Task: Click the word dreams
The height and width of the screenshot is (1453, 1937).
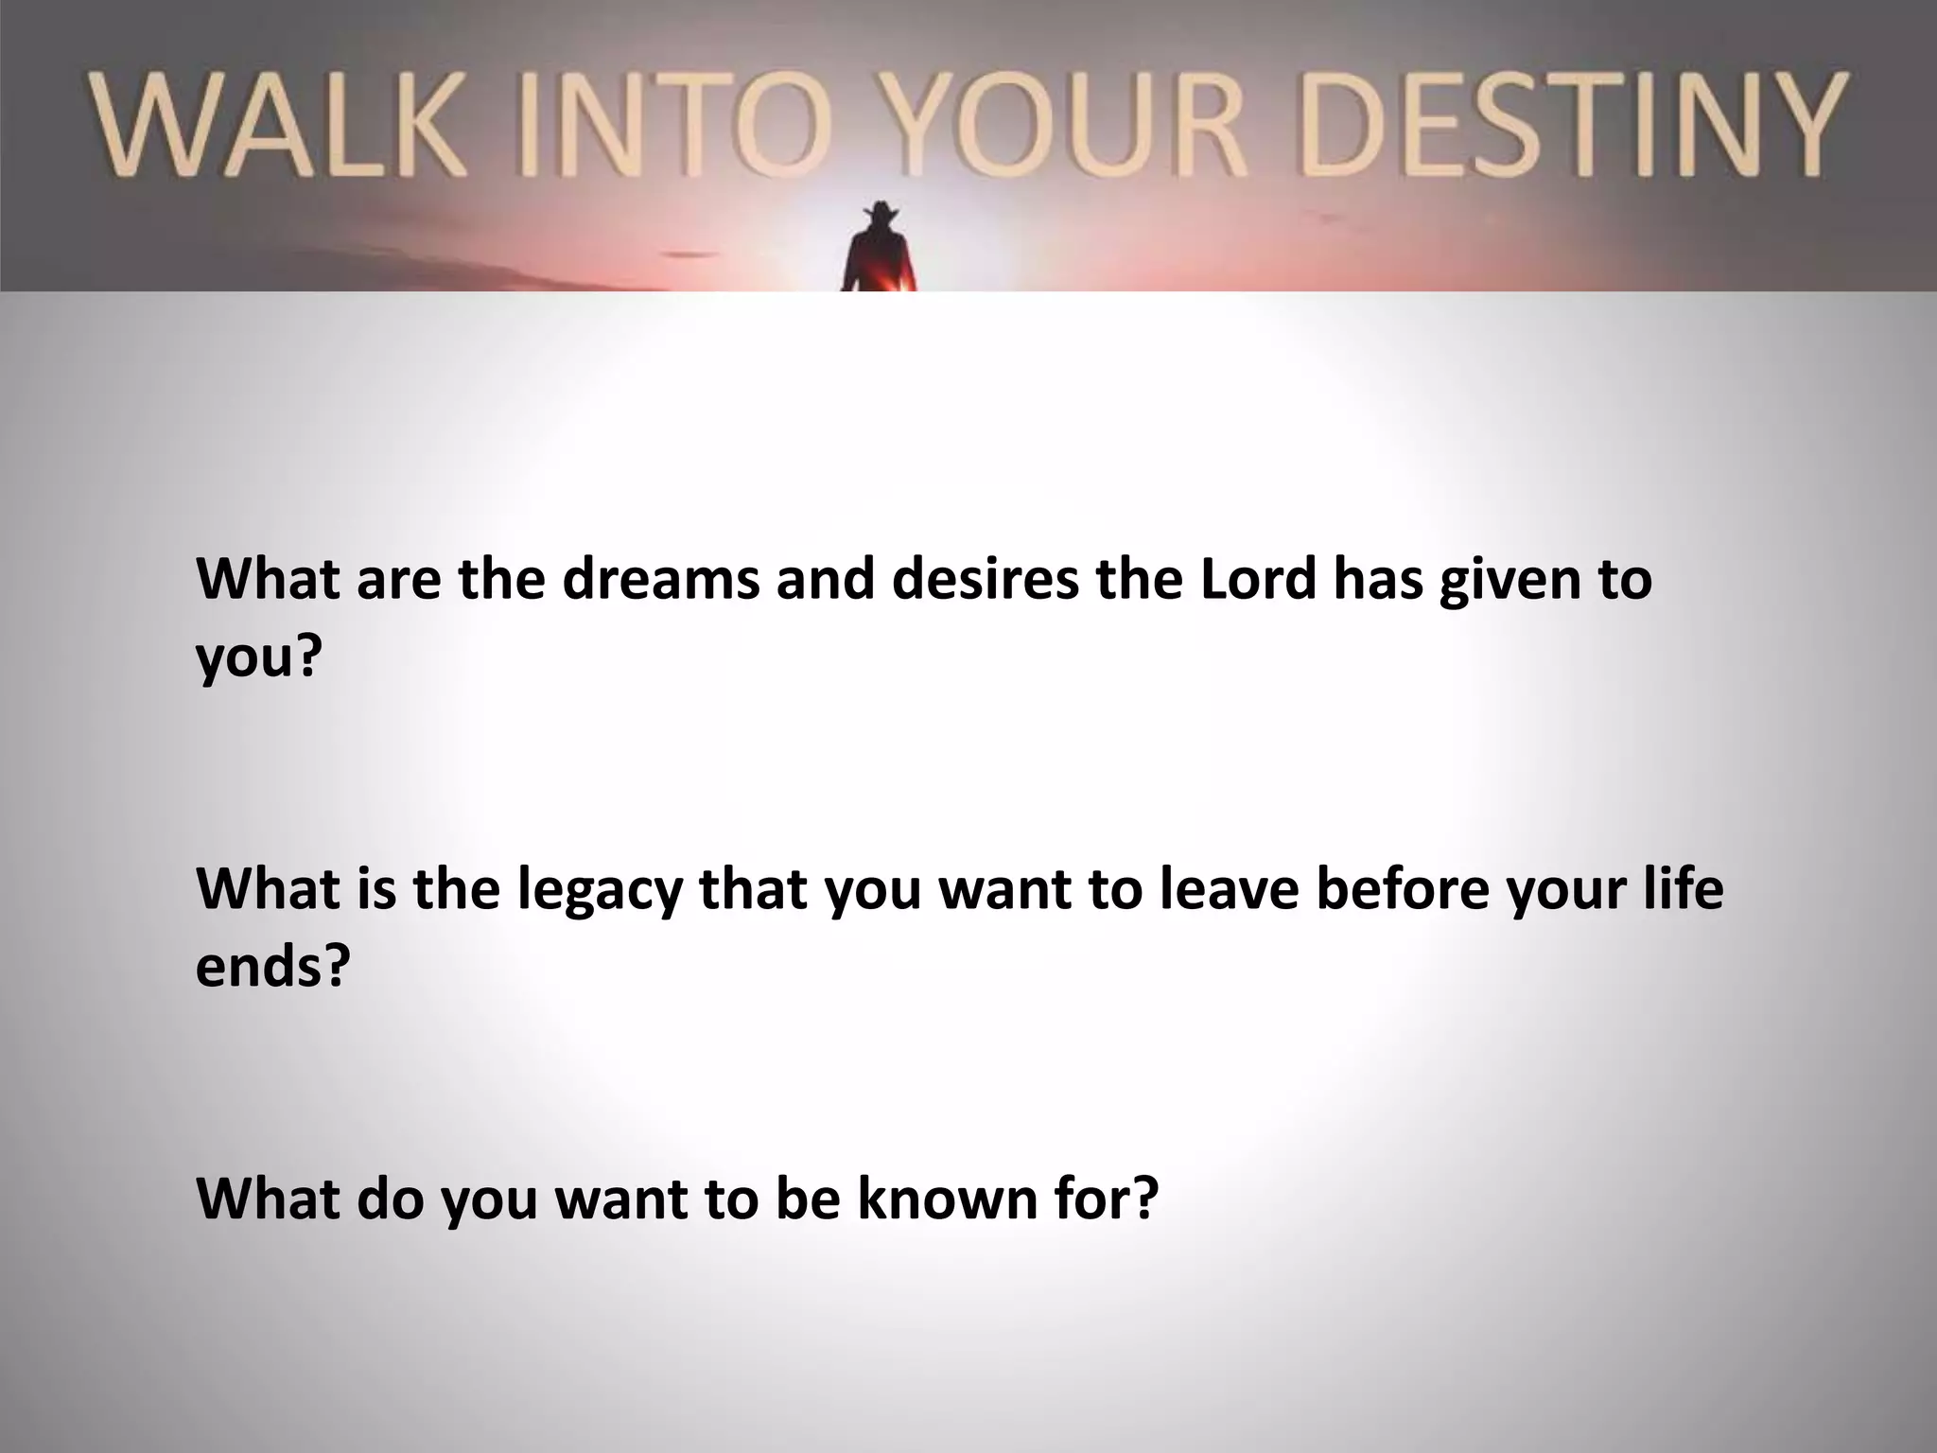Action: coord(660,579)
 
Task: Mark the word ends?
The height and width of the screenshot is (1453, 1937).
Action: coord(272,965)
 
